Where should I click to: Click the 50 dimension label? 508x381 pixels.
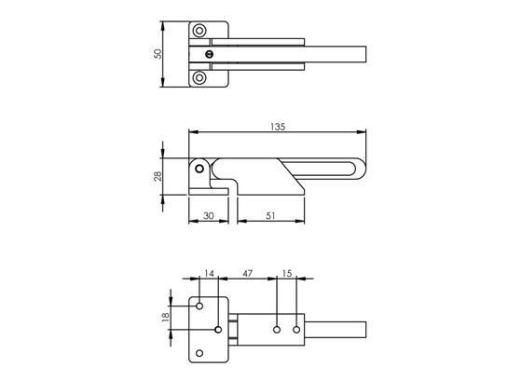(158, 54)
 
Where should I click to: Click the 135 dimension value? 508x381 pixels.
(278, 127)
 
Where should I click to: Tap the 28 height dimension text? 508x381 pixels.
(158, 176)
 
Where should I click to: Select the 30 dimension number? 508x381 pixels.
(208, 215)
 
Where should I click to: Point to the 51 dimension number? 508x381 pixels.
(270, 215)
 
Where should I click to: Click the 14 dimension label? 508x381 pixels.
(210, 274)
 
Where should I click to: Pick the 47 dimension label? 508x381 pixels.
(247, 274)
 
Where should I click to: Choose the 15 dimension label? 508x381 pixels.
(287, 274)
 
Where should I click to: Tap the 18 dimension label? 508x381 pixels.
(166, 318)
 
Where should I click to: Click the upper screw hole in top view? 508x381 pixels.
(199, 31)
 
